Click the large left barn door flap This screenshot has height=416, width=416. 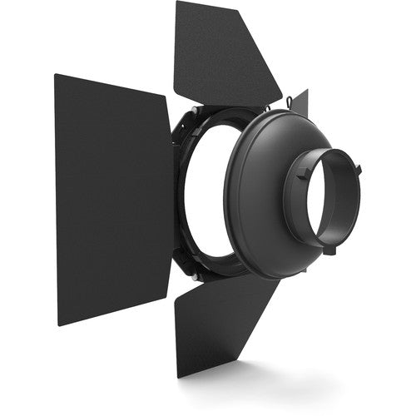(x=112, y=200)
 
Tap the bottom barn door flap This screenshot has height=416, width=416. (x=225, y=324)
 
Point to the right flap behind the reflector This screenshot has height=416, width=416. (x=300, y=103)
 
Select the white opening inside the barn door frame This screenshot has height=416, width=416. (x=204, y=200)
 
